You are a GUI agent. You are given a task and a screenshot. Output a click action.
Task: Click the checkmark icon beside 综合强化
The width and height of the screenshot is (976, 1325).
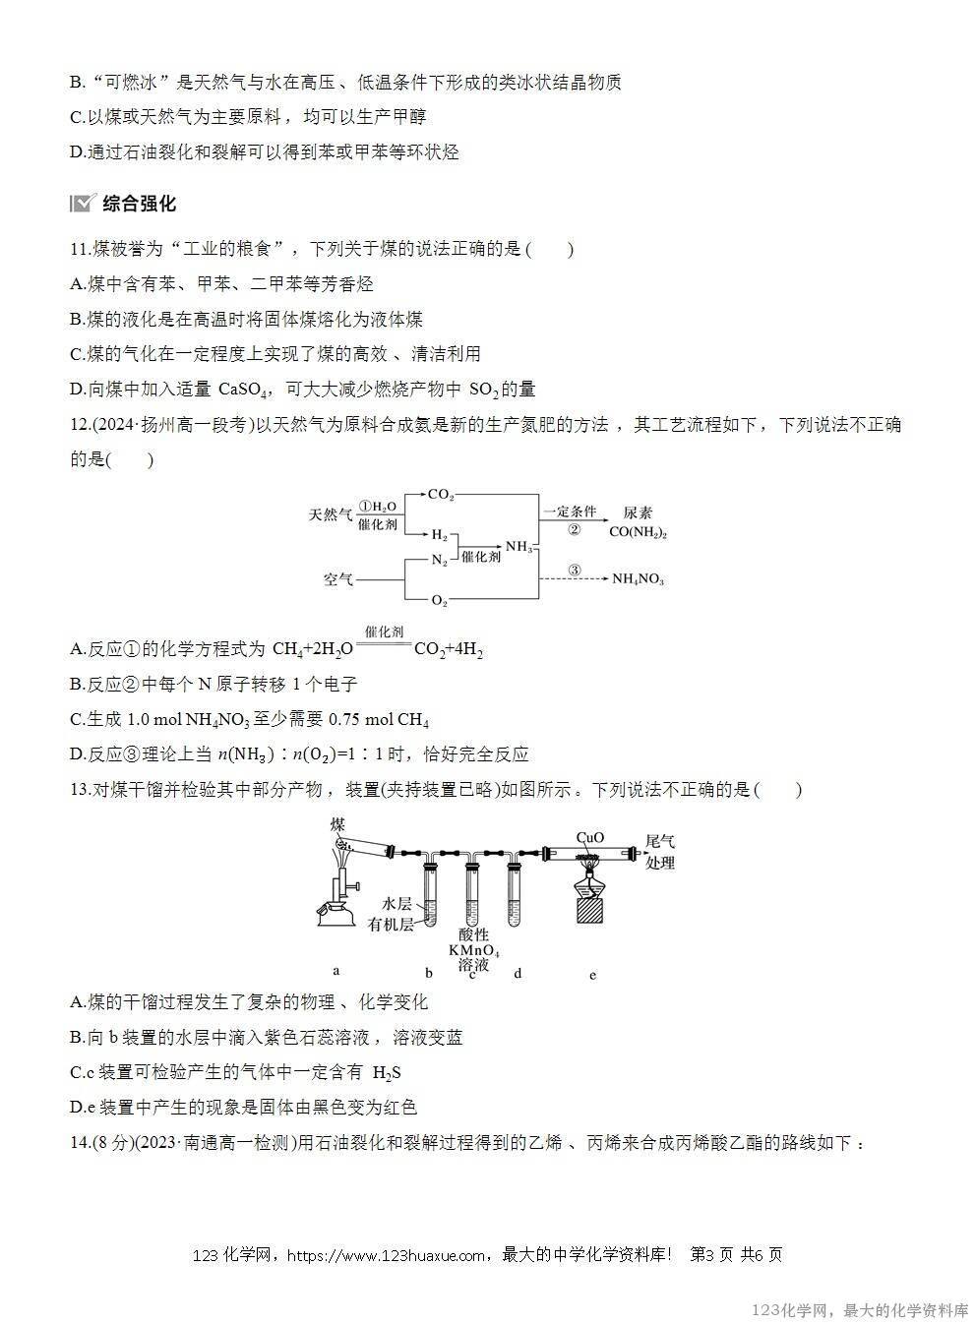pyautogui.click(x=82, y=204)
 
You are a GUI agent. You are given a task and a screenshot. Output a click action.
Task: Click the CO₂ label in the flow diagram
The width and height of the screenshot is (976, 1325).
pyautogui.click(x=440, y=496)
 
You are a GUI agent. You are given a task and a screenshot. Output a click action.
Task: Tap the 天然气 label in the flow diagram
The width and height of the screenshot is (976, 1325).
pyautogui.click(x=331, y=514)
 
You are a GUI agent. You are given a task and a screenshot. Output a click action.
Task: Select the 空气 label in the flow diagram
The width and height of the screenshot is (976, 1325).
pyautogui.click(x=338, y=579)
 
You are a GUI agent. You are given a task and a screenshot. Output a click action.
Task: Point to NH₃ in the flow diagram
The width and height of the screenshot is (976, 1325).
pyautogui.click(x=518, y=547)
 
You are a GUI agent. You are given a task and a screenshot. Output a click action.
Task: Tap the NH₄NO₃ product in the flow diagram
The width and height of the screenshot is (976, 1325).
pyautogui.click(x=638, y=579)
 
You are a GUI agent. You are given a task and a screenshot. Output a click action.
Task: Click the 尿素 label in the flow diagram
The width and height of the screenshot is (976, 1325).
pyautogui.click(x=638, y=513)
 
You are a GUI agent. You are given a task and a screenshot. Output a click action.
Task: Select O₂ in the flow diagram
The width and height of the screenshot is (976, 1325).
pyautogui.click(x=439, y=600)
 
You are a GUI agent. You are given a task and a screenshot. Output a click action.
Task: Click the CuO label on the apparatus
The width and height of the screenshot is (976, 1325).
pyautogui.click(x=589, y=838)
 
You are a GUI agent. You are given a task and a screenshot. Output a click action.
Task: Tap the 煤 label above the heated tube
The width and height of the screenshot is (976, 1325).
pyautogui.click(x=337, y=823)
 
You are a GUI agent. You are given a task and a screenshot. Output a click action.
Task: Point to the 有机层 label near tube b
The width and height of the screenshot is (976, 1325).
pyautogui.click(x=391, y=925)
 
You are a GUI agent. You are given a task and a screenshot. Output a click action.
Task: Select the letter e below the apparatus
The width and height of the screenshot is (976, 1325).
pyautogui.click(x=592, y=975)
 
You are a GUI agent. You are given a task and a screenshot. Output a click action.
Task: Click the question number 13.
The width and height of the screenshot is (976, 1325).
pyautogui.click(x=80, y=789)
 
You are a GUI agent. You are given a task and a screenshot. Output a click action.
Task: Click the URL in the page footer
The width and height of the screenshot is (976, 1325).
pyautogui.click(x=389, y=1255)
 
